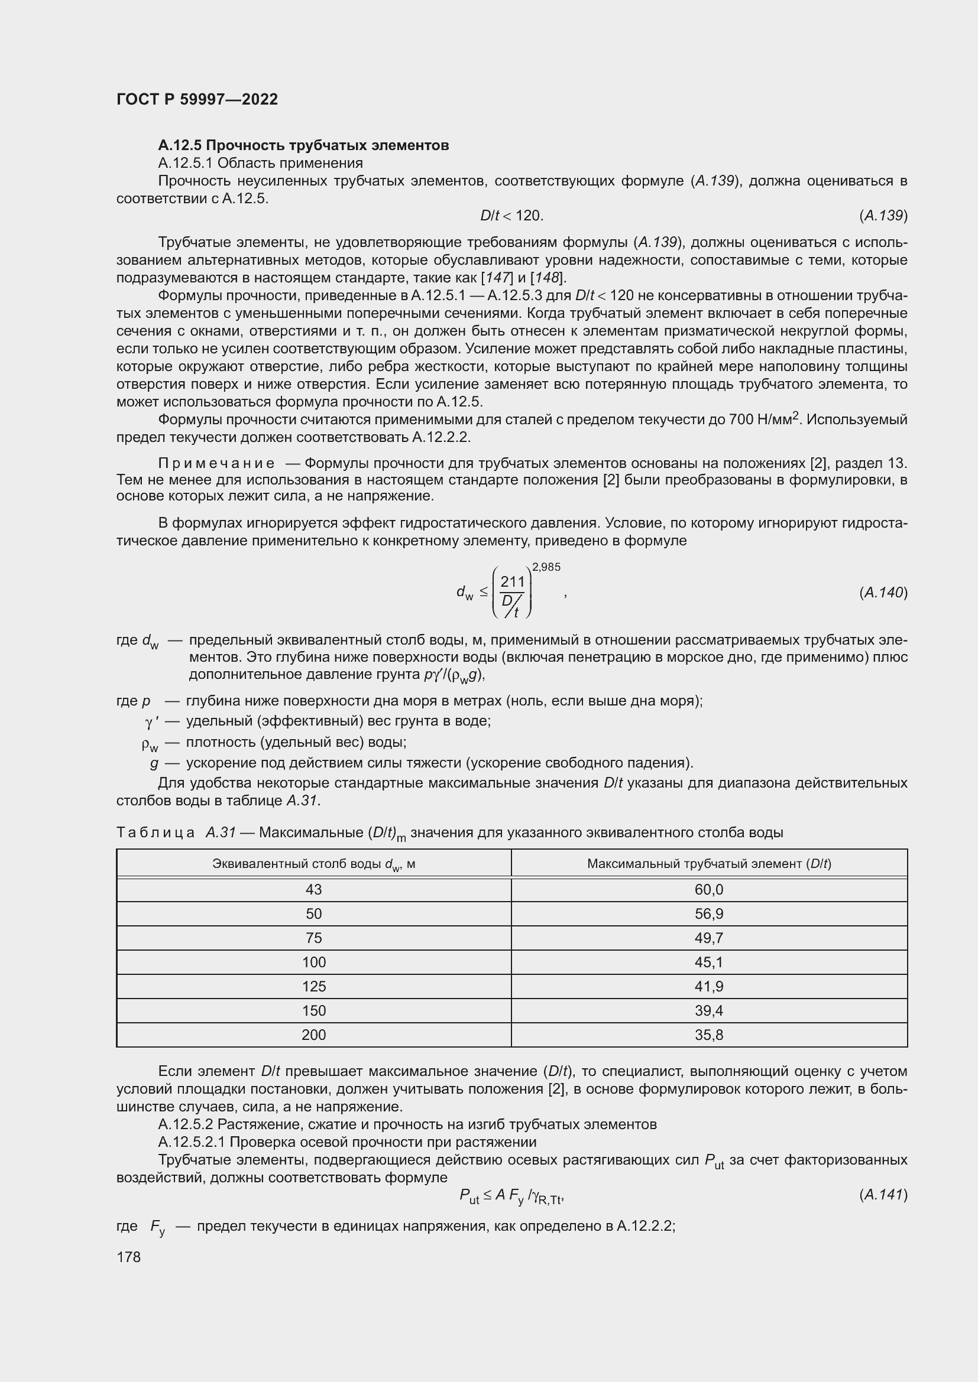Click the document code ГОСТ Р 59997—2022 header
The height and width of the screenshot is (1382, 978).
pos(197,99)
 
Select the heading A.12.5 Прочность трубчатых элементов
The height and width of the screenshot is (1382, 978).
pos(303,146)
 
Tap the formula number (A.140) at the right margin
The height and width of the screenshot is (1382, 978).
pos(883,593)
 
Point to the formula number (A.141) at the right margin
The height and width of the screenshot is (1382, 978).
pos(883,1195)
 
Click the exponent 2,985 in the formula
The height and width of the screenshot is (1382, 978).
pos(546,567)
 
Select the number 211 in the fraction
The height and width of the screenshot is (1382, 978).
pos(513,582)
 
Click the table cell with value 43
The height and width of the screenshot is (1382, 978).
pos(314,890)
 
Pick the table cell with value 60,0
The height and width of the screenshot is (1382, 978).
pos(709,890)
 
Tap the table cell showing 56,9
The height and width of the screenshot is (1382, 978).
pos(709,913)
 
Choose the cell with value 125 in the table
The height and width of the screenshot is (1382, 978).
pos(314,987)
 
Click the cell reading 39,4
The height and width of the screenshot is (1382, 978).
pos(709,1010)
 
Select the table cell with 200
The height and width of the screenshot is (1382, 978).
pos(314,1035)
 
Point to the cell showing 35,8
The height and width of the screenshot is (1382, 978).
pos(709,1035)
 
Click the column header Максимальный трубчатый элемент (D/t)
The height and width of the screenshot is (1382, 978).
pos(709,864)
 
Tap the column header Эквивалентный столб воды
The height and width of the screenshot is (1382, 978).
pos(314,864)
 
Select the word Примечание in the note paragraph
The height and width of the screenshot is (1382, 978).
pos(216,463)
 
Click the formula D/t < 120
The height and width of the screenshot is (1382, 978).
pos(511,216)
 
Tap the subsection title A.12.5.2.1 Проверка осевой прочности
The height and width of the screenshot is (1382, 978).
pos(347,1142)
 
